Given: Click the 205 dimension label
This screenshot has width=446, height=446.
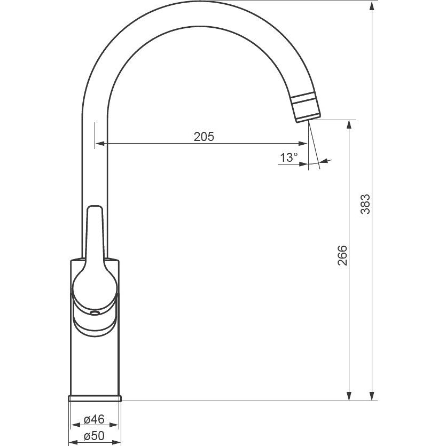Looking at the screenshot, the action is point(204,137).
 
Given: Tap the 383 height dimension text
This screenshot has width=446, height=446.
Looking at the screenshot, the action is point(365,204).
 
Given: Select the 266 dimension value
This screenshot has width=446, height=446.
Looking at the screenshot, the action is point(342,255).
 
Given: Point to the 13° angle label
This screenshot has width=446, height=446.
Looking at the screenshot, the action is point(289,157).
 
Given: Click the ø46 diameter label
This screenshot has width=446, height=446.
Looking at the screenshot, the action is point(94,419).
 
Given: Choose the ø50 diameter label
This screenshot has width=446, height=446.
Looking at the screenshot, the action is point(94,435).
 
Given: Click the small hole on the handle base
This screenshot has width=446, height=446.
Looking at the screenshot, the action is point(95,313).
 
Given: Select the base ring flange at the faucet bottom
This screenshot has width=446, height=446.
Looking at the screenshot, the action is point(95,398).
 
